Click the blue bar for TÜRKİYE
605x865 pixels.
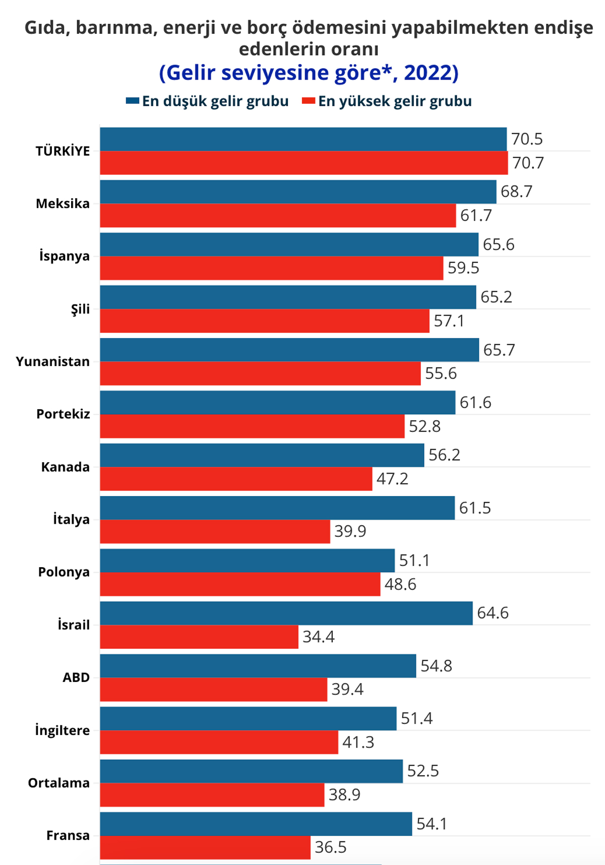(x=303, y=139)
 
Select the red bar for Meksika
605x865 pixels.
(x=278, y=216)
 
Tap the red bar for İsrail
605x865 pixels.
(x=199, y=637)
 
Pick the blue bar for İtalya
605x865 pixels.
(x=277, y=508)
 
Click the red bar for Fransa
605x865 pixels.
(x=205, y=847)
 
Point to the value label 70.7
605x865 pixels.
(x=528, y=163)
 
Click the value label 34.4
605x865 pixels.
(x=318, y=637)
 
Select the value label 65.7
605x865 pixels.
(x=499, y=350)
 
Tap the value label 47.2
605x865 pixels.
(x=392, y=479)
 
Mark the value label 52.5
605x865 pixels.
(x=422, y=771)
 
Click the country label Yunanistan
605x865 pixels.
(x=52, y=362)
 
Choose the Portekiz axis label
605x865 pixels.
(x=63, y=414)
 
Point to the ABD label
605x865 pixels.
(x=76, y=677)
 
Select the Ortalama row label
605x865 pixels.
(x=58, y=783)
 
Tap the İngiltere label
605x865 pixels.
(x=62, y=730)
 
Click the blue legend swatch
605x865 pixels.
(x=132, y=101)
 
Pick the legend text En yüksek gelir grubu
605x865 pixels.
(x=395, y=101)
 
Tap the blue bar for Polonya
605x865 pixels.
(x=247, y=561)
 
